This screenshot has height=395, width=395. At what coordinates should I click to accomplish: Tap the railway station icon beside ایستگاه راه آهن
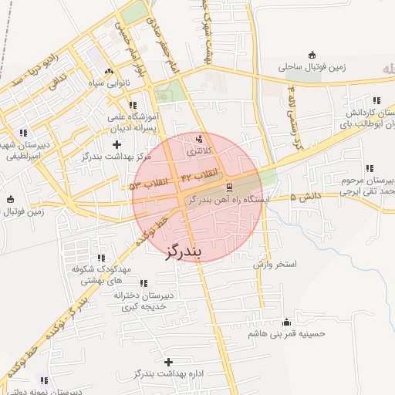click(229, 187)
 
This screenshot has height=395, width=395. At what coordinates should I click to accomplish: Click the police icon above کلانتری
click(200, 140)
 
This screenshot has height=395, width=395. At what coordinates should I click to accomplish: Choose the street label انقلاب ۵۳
click(145, 185)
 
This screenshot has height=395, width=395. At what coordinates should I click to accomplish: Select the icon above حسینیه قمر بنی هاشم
click(288, 322)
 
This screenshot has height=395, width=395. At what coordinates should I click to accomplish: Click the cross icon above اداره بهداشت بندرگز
click(169, 361)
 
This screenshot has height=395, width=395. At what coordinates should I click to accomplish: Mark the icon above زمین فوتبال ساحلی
click(312, 54)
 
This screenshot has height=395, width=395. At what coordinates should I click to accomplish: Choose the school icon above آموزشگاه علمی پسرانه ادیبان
click(133, 105)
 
